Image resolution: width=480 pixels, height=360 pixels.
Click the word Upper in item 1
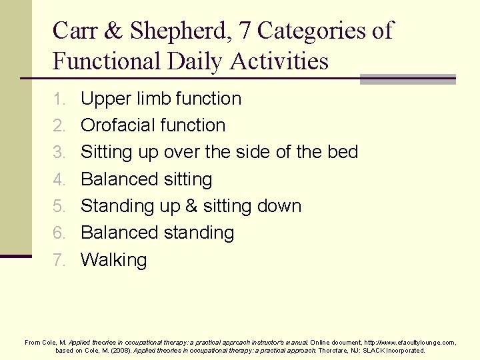[x=107, y=99]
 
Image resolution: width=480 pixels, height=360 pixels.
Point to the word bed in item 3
[x=342, y=152]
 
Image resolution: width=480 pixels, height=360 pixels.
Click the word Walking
[x=113, y=260]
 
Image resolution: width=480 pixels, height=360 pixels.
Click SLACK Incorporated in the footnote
[x=391, y=350]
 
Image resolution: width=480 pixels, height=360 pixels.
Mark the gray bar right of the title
[x=407, y=79]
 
